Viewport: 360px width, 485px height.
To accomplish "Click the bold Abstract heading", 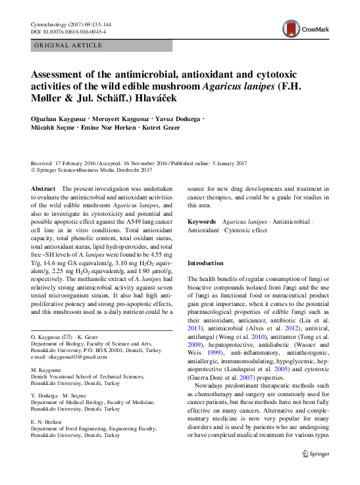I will [43, 189].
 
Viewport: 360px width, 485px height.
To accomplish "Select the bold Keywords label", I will [202, 222].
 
